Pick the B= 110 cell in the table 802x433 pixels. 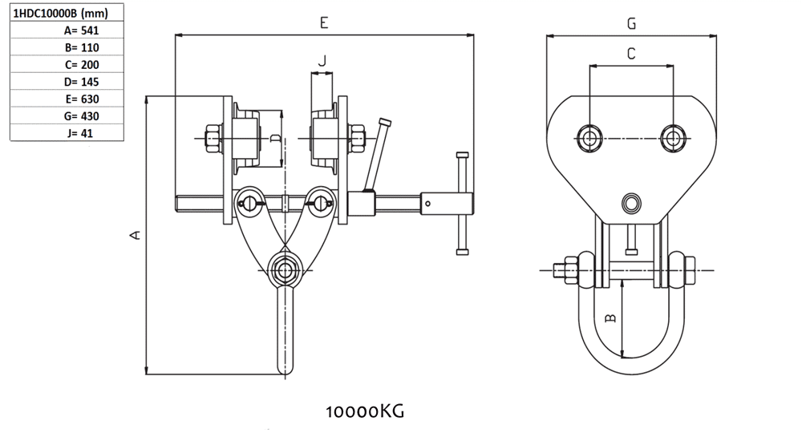(x=82, y=47)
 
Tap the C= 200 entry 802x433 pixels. (x=82, y=65)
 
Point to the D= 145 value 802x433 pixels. (x=81, y=82)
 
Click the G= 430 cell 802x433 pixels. (x=81, y=116)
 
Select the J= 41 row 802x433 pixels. (x=79, y=133)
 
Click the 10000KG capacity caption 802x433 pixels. (x=365, y=411)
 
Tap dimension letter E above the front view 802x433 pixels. (x=324, y=23)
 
